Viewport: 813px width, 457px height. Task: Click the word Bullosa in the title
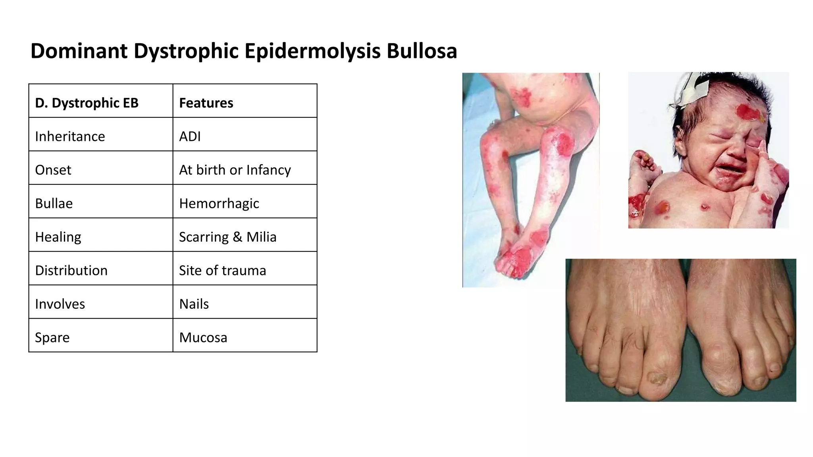click(422, 51)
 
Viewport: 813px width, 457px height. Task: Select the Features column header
click(206, 103)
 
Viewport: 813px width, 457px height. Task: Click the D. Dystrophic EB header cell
click(87, 103)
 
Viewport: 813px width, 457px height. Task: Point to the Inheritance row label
click(70, 136)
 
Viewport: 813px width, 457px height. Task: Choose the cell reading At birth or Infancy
click(235, 170)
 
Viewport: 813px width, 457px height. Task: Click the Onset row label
click(53, 170)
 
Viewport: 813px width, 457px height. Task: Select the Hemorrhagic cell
click(219, 204)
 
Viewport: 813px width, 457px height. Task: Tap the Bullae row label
click(54, 204)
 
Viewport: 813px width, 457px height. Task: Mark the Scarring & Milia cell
click(227, 237)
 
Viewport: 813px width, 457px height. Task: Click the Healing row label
click(58, 237)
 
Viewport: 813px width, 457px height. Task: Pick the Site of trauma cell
click(222, 271)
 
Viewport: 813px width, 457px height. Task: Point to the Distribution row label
click(71, 271)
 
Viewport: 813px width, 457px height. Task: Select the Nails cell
click(194, 304)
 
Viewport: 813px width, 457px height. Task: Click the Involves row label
click(60, 304)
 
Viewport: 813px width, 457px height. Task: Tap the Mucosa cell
click(203, 338)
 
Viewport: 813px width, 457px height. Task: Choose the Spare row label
click(52, 338)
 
